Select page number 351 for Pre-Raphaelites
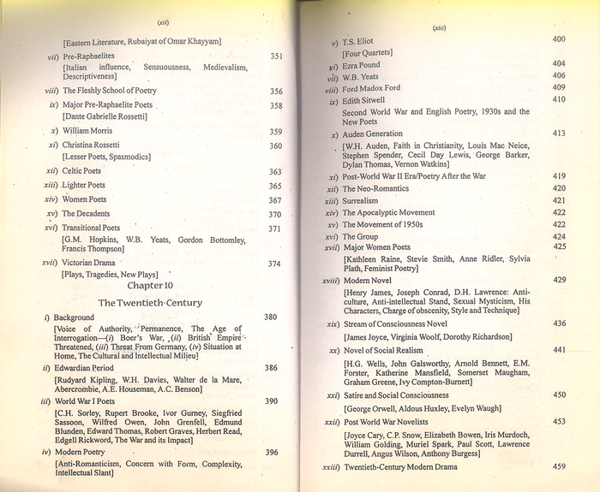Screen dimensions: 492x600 tap(276, 56)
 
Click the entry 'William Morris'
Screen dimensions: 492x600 tap(88, 132)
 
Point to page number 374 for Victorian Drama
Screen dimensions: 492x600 tap(274, 264)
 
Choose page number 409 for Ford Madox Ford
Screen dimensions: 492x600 tap(558, 87)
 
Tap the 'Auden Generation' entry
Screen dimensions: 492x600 tap(372, 134)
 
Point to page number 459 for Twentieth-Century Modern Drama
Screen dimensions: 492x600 tap(559, 466)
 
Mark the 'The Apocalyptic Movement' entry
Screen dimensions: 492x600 tap(392, 212)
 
